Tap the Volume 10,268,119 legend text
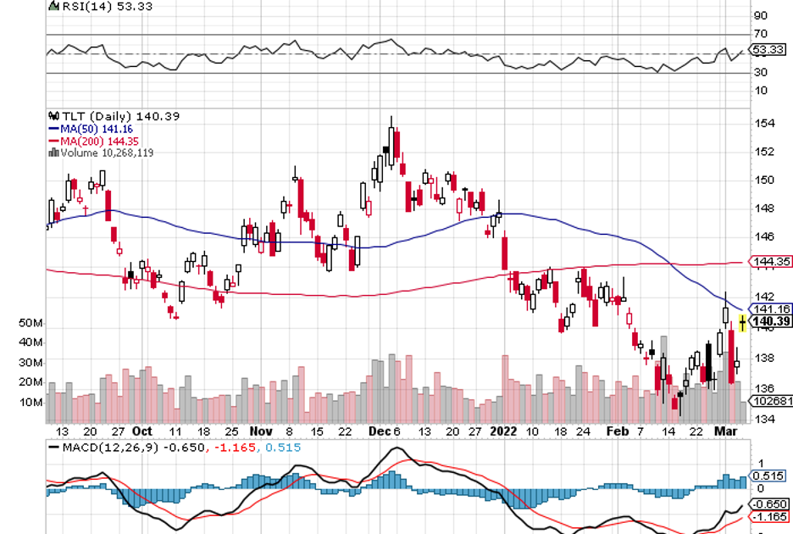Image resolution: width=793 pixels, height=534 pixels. [105, 153]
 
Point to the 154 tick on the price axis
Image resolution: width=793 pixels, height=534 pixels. [765, 124]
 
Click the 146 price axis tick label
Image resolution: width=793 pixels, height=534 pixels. [765, 236]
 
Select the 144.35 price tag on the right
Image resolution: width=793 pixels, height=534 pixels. [771, 262]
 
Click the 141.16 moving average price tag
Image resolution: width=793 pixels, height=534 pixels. [771, 310]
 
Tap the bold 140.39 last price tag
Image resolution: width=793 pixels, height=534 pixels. [771, 322]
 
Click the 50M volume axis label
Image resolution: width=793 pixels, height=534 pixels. [29, 324]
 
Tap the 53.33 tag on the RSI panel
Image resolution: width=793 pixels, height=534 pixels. [770, 50]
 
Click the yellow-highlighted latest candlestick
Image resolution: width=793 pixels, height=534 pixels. [743, 322]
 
